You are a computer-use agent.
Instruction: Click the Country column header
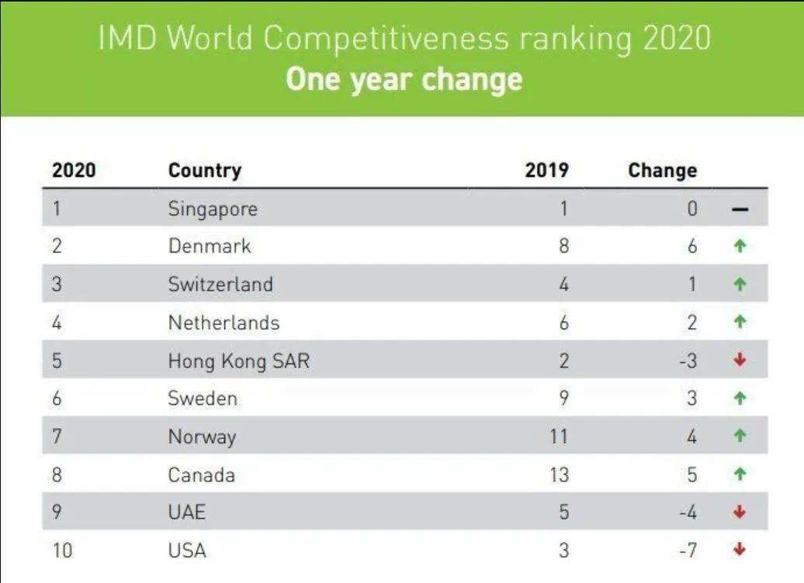pyautogui.click(x=204, y=171)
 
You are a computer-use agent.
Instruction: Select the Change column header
pyautogui.click(x=662, y=171)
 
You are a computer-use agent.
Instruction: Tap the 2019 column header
pyautogui.click(x=546, y=171)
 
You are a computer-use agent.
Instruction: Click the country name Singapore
pyautogui.click(x=212, y=209)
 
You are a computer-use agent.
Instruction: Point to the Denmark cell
pyautogui.click(x=210, y=247)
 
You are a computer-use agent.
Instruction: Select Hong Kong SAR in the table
pyautogui.click(x=238, y=360)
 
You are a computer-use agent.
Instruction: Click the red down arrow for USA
pyautogui.click(x=740, y=550)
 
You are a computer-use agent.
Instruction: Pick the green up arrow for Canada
pyautogui.click(x=740, y=474)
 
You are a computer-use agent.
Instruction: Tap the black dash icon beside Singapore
pyautogui.click(x=740, y=209)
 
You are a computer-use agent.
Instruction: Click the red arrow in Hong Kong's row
pyautogui.click(x=740, y=360)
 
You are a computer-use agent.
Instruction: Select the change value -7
pyautogui.click(x=688, y=550)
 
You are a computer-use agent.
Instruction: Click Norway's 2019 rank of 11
pyautogui.click(x=559, y=436)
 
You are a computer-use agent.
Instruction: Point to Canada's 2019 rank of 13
pyautogui.click(x=559, y=474)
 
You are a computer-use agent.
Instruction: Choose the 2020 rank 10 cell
pyautogui.click(x=63, y=550)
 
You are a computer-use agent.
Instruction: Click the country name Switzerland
pyautogui.click(x=220, y=285)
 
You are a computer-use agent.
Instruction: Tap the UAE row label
pyautogui.click(x=186, y=512)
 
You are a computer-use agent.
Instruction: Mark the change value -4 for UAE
pyautogui.click(x=688, y=512)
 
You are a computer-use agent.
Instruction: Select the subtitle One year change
pyautogui.click(x=404, y=79)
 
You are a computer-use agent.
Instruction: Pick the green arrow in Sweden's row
pyautogui.click(x=740, y=398)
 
